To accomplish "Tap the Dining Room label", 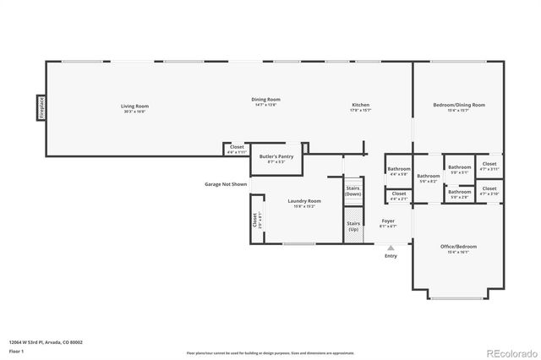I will (x=267, y=100).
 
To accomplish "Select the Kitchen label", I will (x=360, y=106).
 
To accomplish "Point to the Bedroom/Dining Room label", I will (x=458, y=105).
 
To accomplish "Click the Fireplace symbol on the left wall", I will (x=40, y=108).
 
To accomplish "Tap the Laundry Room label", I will (x=303, y=201).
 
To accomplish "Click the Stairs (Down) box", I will (x=352, y=191).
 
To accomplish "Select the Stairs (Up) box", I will (x=352, y=226).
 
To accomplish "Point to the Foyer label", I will (x=387, y=222).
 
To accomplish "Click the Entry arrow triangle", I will (x=391, y=248).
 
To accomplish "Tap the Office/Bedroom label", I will (x=458, y=247).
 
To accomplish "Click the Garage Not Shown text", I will (x=226, y=184).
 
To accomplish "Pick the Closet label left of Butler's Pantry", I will (x=237, y=149).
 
